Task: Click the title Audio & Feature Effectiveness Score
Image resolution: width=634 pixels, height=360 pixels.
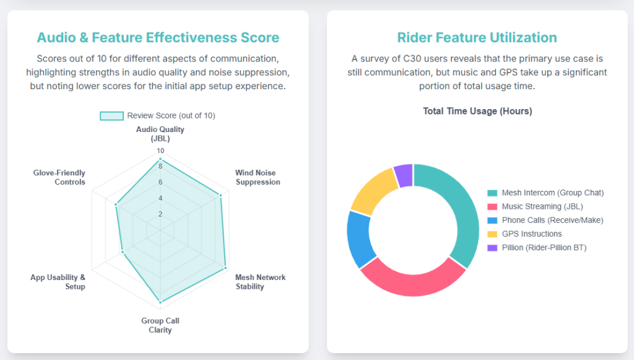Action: [x=158, y=37]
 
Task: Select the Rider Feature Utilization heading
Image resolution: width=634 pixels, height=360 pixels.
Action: [x=477, y=37]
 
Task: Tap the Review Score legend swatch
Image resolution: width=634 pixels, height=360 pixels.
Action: [x=111, y=116]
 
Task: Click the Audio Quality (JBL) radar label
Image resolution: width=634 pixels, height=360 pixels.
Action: [x=160, y=134]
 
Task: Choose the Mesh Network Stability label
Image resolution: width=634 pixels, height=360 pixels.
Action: [x=260, y=282]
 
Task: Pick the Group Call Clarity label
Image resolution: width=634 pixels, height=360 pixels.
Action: [x=160, y=325]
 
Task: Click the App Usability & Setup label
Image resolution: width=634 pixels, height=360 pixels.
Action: [x=58, y=282]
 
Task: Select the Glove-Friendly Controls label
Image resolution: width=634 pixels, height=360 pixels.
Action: [x=59, y=177]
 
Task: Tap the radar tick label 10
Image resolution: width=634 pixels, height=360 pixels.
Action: [x=160, y=151]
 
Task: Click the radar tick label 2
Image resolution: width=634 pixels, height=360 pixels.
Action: [x=160, y=214]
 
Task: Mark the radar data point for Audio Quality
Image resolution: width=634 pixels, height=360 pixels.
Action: [x=160, y=159]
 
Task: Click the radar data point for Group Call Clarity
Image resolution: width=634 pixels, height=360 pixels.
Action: [x=160, y=302]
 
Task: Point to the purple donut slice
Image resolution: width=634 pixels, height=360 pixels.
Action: [x=403, y=175]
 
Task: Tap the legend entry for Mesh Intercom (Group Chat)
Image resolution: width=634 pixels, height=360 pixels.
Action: [x=545, y=193]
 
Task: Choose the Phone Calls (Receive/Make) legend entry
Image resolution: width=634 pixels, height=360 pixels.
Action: [x=545, y=220]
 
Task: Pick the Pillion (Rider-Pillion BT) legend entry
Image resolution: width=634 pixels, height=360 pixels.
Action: [x=537, y=248]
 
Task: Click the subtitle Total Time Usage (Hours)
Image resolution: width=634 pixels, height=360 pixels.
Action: [x=477, y=112]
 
